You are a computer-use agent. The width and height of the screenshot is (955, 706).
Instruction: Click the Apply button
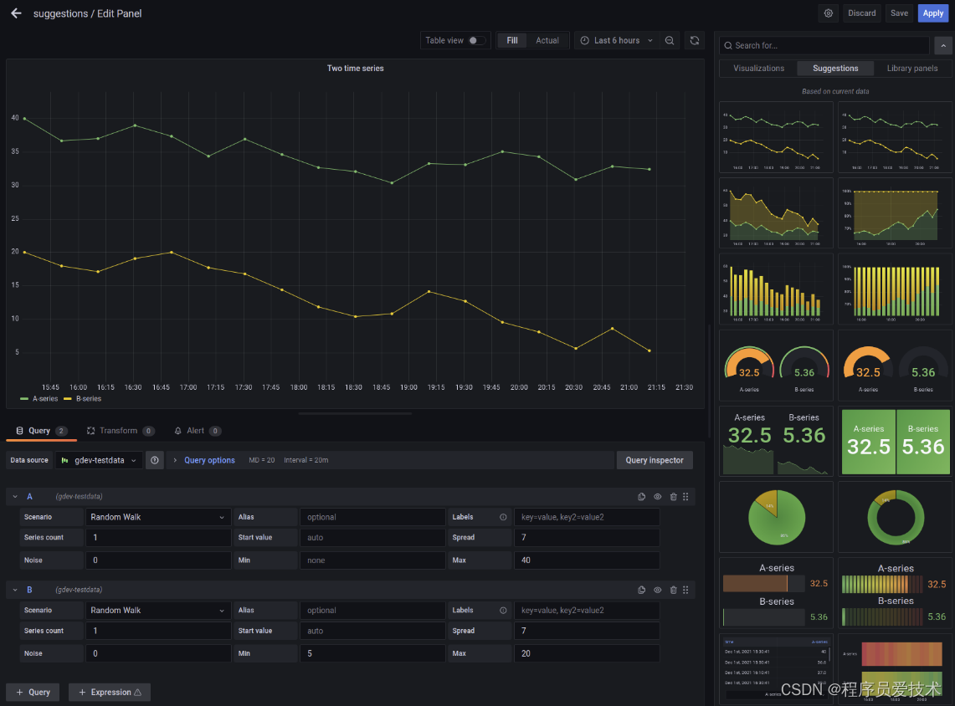[x=933, y=13]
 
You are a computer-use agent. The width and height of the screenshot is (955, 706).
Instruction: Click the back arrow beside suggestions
[x=16, y=13]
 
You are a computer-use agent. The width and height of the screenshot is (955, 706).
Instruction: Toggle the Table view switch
[x=476, y=40]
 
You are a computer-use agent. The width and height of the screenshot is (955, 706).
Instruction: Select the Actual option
[x=547, y=40]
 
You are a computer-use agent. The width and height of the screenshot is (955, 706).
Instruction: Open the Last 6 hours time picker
[x=617, y=40]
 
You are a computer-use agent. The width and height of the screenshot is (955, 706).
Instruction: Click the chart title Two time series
[x=355, y=69]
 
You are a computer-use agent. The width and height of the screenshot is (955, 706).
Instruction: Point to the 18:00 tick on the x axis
[x=299, y=387]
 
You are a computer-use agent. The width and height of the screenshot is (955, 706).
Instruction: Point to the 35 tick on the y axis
[x=15, y=152]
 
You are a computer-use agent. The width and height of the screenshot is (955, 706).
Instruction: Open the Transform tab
[x=118, y=431]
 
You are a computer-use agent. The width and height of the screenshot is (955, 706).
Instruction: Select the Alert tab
[x=195, y=431]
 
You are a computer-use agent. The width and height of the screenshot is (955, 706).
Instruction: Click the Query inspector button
[x=655, y=460]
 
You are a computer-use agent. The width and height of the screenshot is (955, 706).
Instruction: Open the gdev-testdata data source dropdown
[x=100, y=460]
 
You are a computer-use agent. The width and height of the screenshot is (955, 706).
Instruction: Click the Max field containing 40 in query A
[x=586, y=560]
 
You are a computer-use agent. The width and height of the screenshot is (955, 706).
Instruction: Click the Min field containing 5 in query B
[x=372, y=653]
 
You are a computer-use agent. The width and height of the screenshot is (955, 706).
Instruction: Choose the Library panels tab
[x=911, y=69]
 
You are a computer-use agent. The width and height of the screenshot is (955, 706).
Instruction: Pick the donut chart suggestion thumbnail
[x=894, y=517]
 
